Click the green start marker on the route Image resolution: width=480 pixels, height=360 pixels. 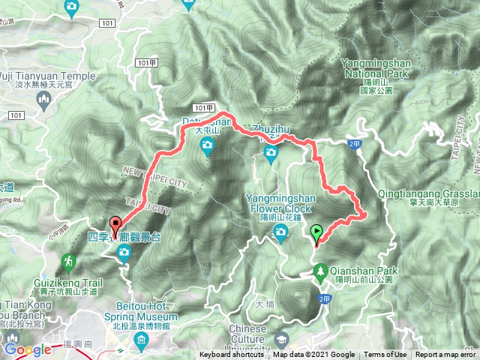coord(317,233)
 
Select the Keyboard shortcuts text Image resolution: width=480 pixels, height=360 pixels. coord(232,355)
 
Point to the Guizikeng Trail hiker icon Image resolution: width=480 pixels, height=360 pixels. coord(69,261)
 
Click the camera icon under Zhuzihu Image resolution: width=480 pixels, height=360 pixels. coord(271,155)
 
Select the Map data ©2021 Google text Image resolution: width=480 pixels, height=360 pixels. coord(313,355)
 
